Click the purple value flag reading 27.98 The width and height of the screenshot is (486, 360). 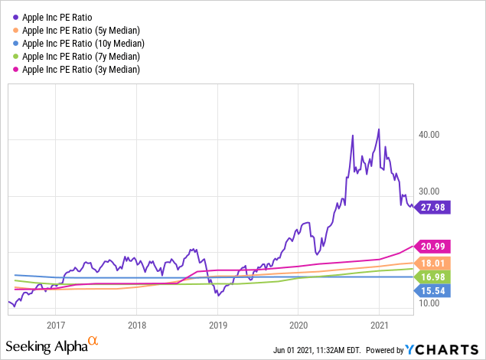tap(434, 207)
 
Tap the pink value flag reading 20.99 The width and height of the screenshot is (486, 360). tap(434, 246)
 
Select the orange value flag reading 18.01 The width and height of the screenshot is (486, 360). tap(434, 263)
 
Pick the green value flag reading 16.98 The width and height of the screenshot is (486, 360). tap(434, 276)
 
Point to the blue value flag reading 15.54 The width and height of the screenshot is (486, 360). tap(434, 290)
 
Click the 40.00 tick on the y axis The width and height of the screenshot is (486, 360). tap(429, 135)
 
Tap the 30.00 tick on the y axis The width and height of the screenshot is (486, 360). tap(429, 191)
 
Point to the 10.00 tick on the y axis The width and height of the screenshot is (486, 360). tap(429, 303)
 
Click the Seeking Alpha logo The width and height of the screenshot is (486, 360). tap(54, 346)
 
